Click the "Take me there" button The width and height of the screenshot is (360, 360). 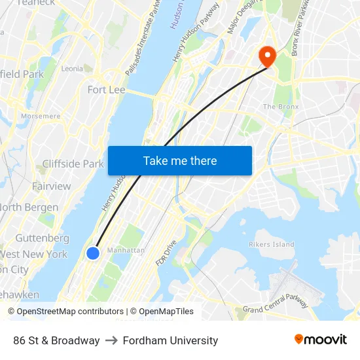click(x=179, y=160)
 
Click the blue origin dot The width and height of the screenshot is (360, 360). click(x=93, y=253)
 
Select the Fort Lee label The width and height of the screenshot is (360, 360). click(x=106, y=90)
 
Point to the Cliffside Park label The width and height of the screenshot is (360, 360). click(x=73, y=164)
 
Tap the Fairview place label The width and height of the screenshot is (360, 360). click(x=51, y=187)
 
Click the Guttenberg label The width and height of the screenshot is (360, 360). click(x=42, y=238)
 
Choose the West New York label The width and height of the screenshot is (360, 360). click(x=33, y=254)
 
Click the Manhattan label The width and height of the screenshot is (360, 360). click(x=126, y=250)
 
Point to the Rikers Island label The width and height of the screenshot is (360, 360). click(x=271, y=244)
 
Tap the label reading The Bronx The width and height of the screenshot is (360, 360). click(x=280, y=107)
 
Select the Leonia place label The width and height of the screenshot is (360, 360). click(x=71, y=68)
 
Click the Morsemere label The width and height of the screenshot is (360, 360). click(x=40, y=117)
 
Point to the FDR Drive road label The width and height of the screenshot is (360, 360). click(x=166, y=253)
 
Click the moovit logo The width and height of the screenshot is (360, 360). click(x=320, y=340)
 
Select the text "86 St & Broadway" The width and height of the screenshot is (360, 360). click(x=56, y=340)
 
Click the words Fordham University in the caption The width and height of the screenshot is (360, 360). click(x=169, y=340)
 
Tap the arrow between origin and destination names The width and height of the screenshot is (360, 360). click(x=111, y=340)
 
